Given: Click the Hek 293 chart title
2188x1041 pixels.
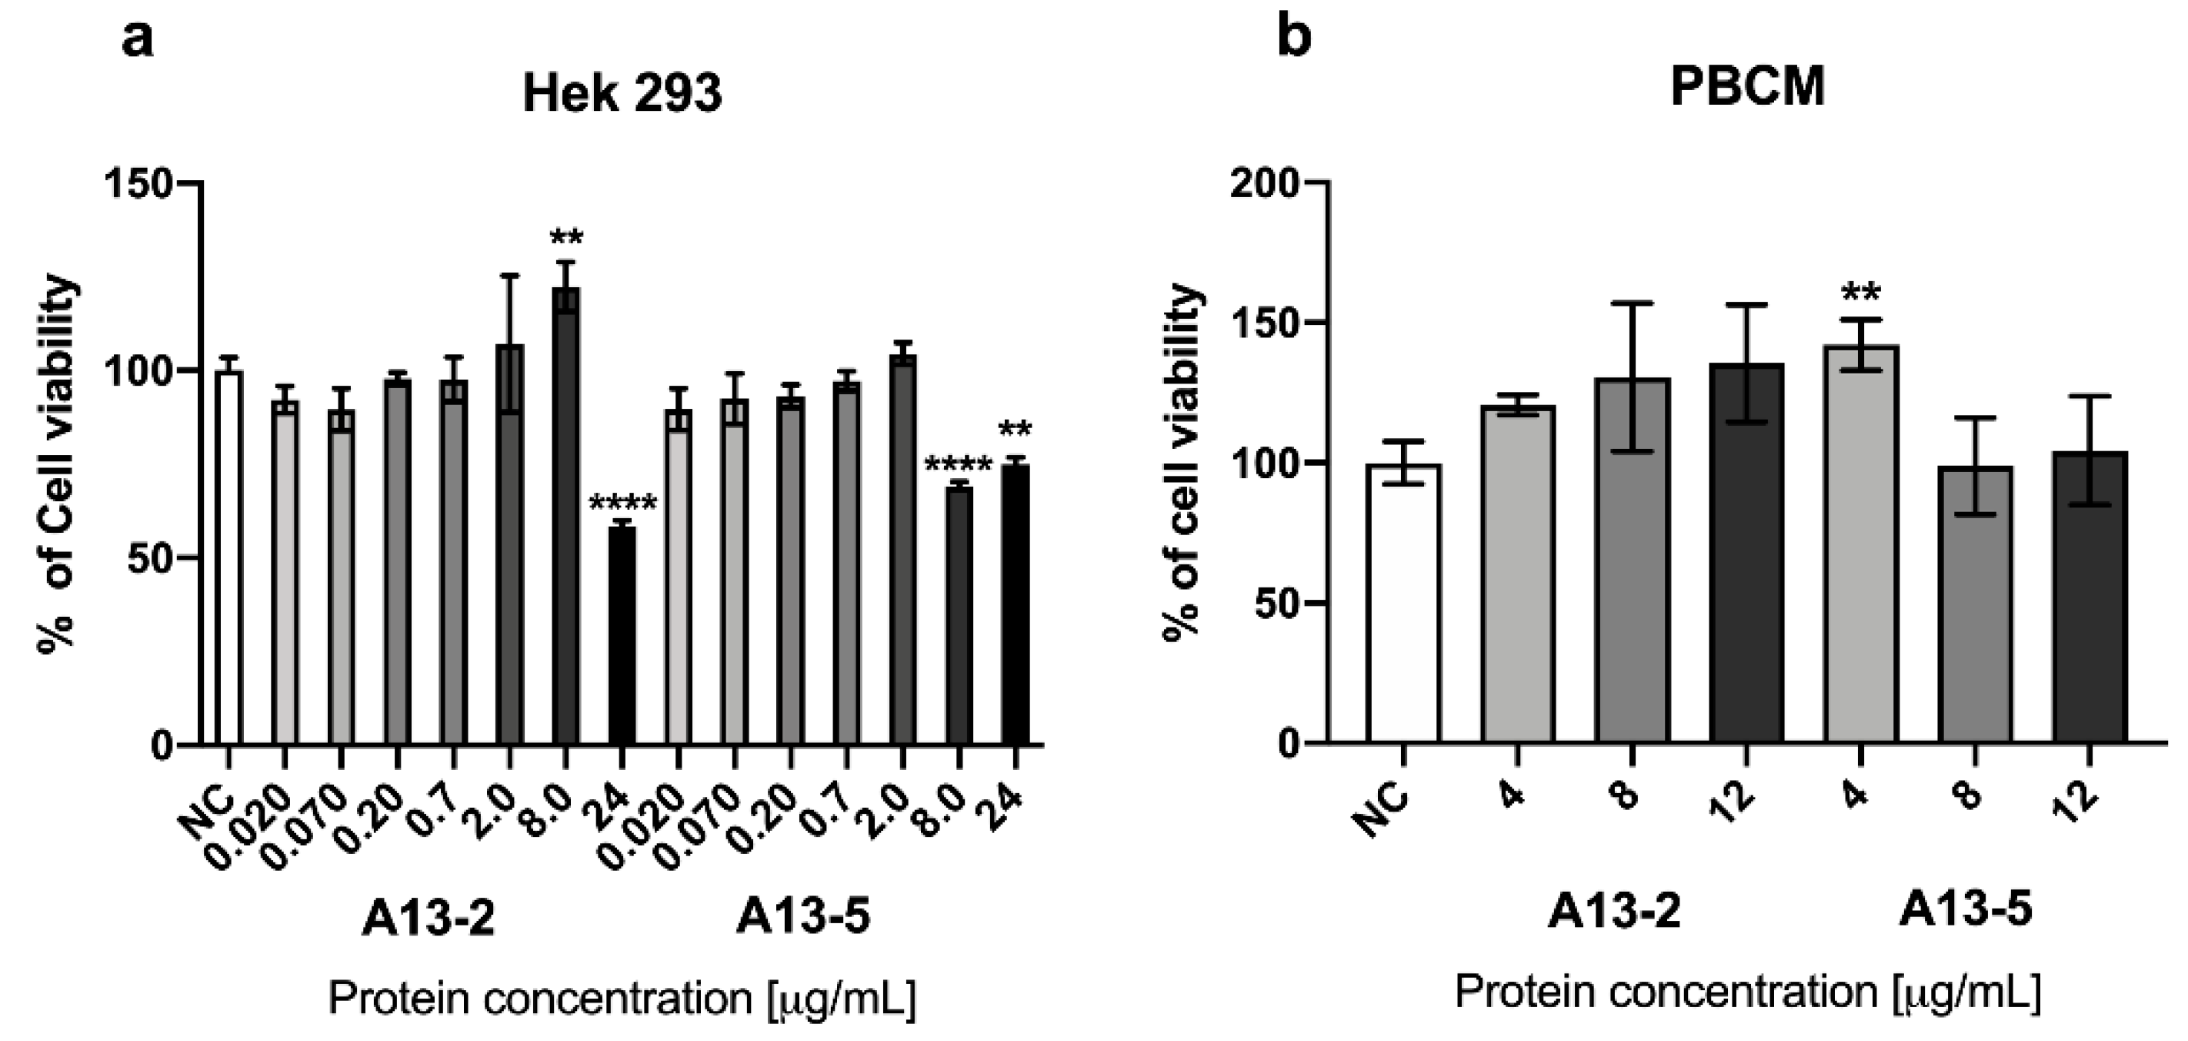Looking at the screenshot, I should pyautogui.click(x=622, y=93).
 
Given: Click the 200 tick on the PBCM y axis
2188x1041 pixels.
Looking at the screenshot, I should pyautogui.click(x=1266, y=182).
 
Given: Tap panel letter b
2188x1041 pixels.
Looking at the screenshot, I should pyautogui.click(x=1293, y=38).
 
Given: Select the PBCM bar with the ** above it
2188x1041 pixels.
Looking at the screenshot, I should pyautogui.click(x=1860, y=544).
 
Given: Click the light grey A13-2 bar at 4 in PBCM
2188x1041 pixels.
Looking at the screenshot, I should pyautogui.click(x=1518, y=574).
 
